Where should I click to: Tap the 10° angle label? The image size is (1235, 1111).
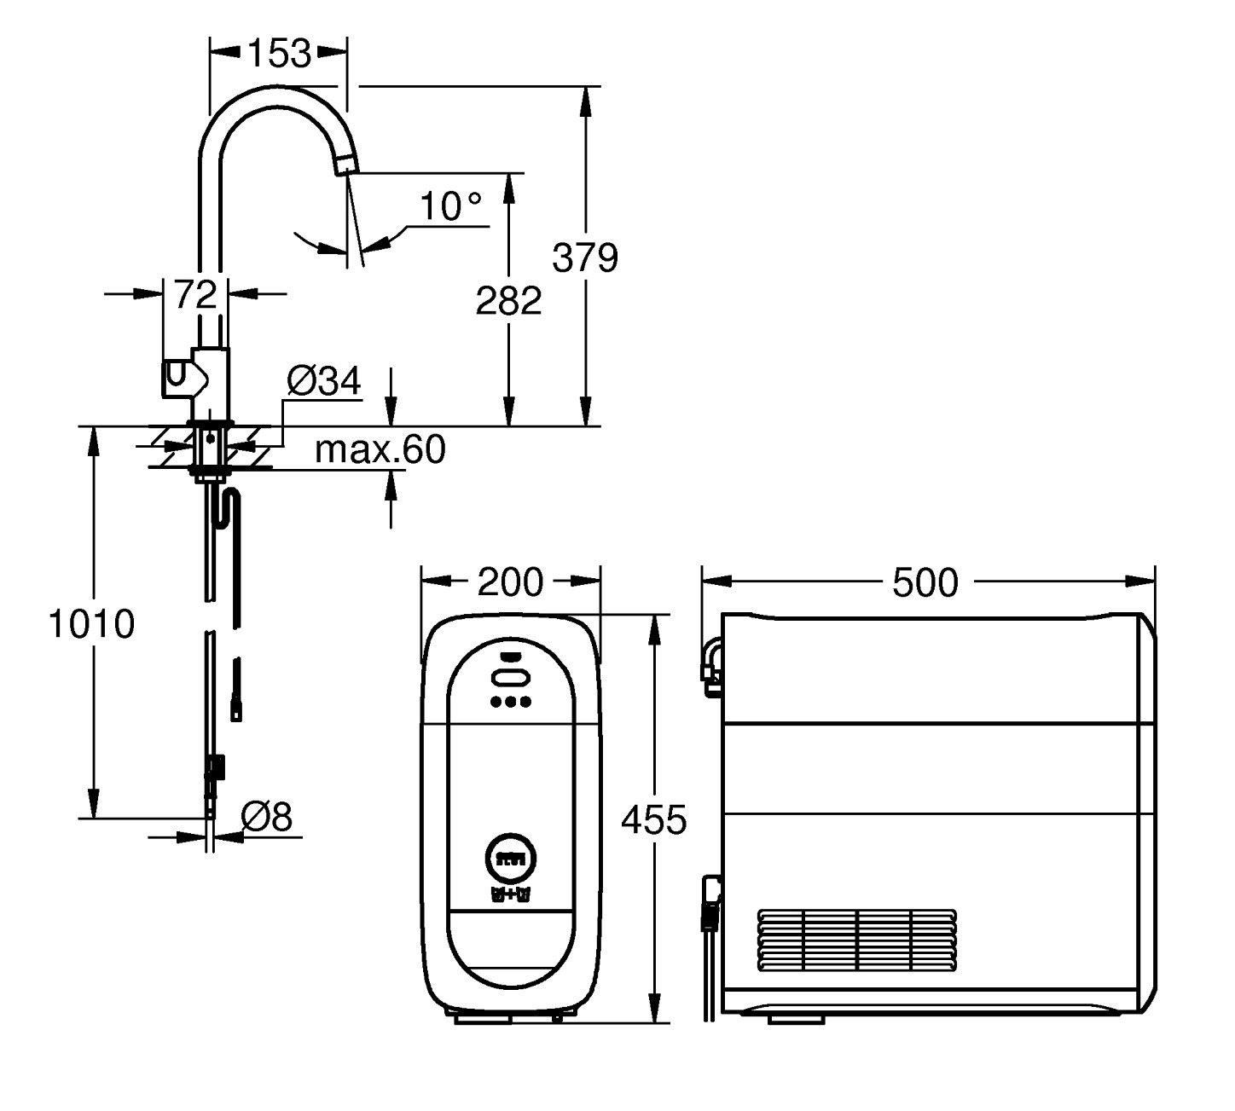coord(450,206)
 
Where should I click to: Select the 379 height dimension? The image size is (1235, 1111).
coord(584,257)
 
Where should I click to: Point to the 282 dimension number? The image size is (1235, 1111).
coord(508,300)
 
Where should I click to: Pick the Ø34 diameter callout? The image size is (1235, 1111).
coord(324,381)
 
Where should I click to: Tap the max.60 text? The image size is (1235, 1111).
coord(380,449)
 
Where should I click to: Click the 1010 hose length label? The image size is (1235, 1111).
coord(92,623)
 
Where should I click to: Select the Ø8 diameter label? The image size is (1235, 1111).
coord(266,818)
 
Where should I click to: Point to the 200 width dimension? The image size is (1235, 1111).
coord(510,582)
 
